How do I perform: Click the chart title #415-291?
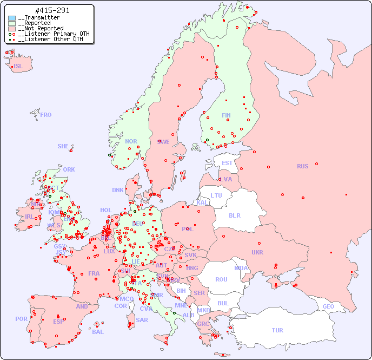click(52, 11)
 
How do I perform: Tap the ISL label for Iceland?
click(18, 67)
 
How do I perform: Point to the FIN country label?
click(226, 115)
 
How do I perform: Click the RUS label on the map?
click(302, 166)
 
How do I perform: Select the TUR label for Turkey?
click(277, 330)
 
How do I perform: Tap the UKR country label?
click(257, 252)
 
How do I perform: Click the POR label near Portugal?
click(21, 319)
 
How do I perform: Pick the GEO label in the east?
click(328, 306)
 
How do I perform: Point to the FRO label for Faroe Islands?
click(46, 115)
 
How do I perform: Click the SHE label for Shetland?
click(63, 146)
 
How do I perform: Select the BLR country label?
click(234, 215)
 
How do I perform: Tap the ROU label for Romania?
click(221, 279)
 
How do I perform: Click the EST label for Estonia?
click(227, 163)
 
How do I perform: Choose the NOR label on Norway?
click(131, 141)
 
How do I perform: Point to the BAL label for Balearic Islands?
click(97, 332)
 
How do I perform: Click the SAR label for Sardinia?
click(142, 320)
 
